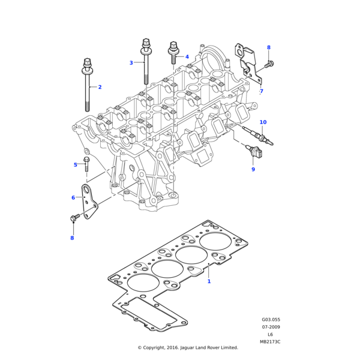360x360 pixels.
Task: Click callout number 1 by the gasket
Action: pos(209,281)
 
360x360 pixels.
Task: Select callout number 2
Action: pos(100,87)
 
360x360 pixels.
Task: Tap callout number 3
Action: pos(131,62)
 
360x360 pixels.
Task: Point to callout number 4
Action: pos(187,57)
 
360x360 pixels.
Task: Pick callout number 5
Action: pos(76,164)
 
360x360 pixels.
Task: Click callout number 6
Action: pos(73,197)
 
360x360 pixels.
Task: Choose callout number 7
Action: pos(261,91)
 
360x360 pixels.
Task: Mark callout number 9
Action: pos(253,170)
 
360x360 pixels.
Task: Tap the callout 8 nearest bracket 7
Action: pos(268,47)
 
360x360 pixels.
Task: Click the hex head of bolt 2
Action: pos(88,62)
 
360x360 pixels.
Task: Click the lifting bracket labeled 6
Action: pos(90,203)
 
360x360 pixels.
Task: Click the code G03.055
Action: pos(271,320)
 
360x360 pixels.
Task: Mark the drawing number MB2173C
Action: pos(270,341)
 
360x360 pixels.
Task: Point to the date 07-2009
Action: pos(271,327)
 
